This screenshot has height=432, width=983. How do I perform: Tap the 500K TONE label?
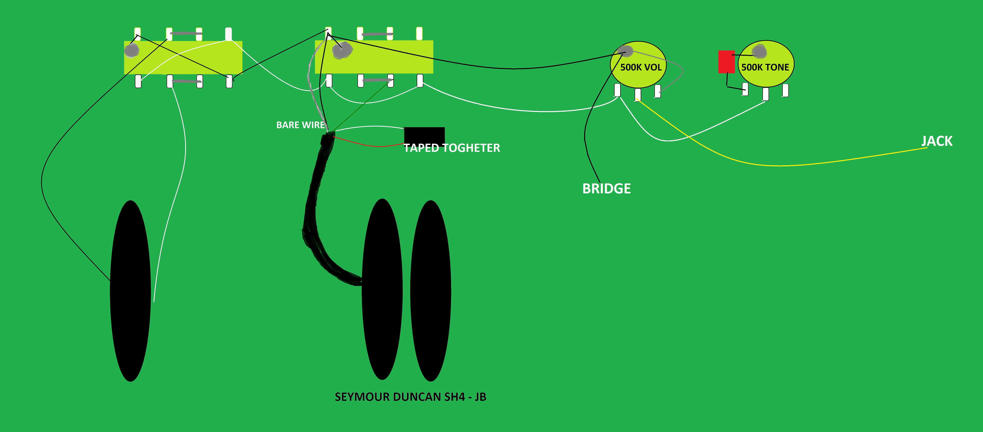[765, 67]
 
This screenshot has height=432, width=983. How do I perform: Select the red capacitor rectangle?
[726, 62]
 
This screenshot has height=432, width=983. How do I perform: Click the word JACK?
[937, 141]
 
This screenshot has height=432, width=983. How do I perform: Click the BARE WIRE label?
[300, 125]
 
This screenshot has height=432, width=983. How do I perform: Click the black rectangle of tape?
[424, 136]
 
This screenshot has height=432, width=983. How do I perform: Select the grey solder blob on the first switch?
[132, 50]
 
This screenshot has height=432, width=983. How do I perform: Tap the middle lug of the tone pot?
[766, 94]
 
